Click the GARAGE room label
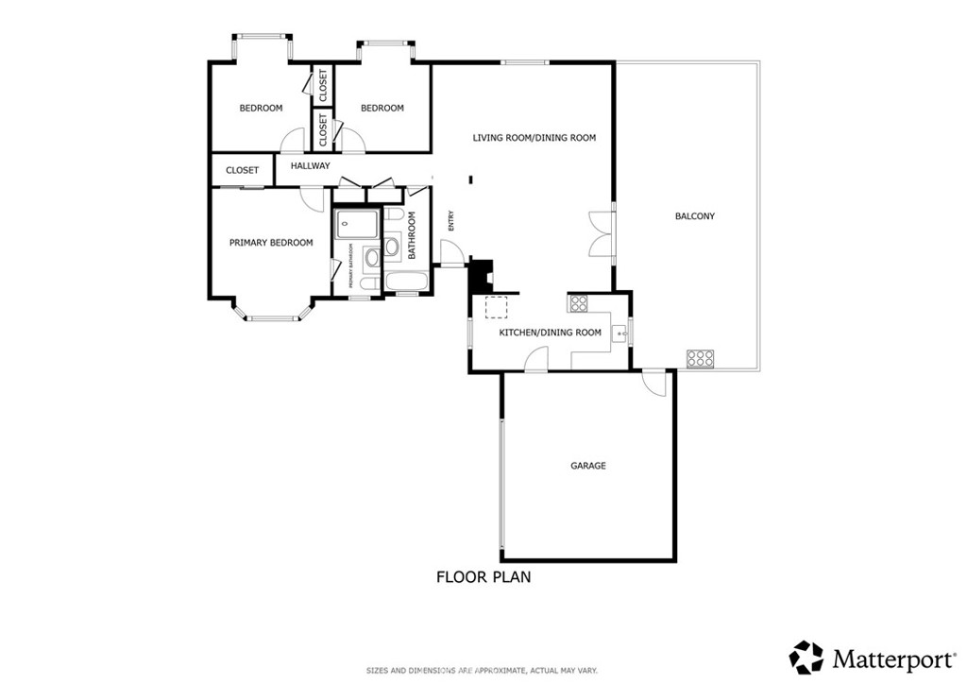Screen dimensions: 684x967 click(587, 466)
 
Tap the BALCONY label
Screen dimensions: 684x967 click(694, 216)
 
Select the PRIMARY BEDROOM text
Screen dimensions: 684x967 click(271, 243)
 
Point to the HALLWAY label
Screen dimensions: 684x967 click(310, 166)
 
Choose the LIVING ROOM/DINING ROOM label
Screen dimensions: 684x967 click(534, 138)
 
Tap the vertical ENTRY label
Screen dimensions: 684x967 click(451, 220)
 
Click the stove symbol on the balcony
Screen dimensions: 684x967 click(700, 358)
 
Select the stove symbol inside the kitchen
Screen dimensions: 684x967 click(578, 303)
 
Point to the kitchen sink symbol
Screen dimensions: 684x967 click(620, 332)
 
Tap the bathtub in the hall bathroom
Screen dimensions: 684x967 click(405, 282)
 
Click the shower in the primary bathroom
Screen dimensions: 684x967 click(356, 226)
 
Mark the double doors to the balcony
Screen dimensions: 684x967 click(601, 234)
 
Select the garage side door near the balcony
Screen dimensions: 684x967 click(653, 383)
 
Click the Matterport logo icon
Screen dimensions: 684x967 click(806, 657)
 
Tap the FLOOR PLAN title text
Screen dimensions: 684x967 click(483, 576)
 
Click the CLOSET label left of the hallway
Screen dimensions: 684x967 click(242, 171)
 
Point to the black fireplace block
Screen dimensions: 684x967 click(481, 275)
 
